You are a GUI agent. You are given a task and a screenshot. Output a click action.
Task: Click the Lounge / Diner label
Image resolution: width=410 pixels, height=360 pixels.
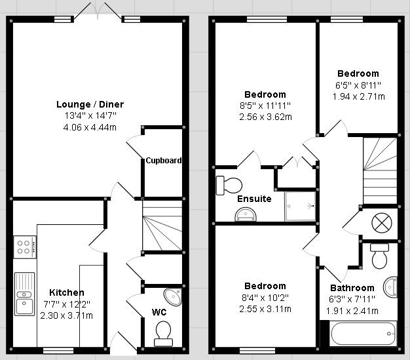(x=90, y=104)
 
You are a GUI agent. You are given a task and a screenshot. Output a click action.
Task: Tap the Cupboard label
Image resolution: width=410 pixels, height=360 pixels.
(x=164, y=160)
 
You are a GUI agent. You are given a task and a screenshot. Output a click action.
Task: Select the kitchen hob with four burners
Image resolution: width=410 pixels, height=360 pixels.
(x=25, y=247)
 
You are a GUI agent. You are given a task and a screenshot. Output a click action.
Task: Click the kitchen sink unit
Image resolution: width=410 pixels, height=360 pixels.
(x=25, y=294)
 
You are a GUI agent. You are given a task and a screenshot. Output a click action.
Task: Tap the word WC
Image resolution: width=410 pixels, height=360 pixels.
(x=159, y=312)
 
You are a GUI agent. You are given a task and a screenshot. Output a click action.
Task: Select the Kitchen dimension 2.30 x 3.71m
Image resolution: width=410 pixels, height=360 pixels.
(x=66, y=315)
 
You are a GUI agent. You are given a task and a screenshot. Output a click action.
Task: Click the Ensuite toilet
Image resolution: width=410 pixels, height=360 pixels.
(x=229, y=186)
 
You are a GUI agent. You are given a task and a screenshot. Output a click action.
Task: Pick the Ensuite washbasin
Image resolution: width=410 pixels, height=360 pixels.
(x=246, y=214)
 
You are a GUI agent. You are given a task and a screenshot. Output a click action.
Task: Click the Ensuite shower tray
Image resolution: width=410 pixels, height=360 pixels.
(x=300, y=207)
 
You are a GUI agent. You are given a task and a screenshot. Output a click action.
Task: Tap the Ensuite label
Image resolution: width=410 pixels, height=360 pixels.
(x=254, y=199)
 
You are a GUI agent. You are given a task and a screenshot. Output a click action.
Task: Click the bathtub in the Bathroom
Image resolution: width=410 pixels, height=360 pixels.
(x=363, y=334)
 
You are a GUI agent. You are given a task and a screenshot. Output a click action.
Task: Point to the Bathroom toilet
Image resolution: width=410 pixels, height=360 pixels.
(x=379, y=256)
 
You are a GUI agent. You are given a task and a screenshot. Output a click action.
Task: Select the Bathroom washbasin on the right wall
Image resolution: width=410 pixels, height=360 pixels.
(x=390, y=287)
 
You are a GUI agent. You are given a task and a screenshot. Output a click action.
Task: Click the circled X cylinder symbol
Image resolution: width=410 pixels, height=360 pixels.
(x=382, y=223)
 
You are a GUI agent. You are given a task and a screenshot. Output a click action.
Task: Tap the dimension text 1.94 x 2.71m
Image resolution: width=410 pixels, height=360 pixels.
(x=358, y=96)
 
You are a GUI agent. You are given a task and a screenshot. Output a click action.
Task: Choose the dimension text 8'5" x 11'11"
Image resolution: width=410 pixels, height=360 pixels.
(x=265, y=106)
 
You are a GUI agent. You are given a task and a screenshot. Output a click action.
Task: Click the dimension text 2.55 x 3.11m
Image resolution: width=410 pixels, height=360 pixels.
(x=265, y=309)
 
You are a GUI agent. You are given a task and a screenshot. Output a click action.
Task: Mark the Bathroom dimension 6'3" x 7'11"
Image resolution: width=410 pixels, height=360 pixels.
(x=352, y=299)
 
